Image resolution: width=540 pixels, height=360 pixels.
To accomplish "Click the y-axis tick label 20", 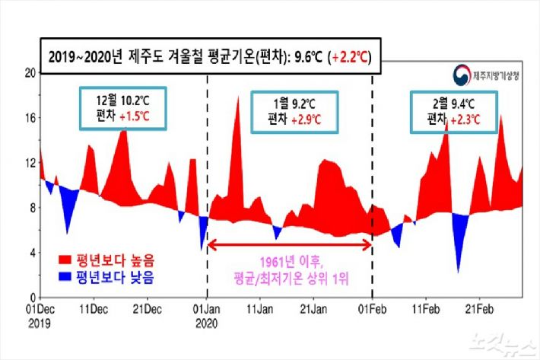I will point(30,73).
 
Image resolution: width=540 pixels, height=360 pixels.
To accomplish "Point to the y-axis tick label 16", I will point(30,118).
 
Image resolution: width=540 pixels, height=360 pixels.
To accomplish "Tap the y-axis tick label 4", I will point(33,252).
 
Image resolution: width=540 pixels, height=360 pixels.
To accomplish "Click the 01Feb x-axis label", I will point(372,309).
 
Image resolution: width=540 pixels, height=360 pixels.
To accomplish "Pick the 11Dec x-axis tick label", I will point(95,309).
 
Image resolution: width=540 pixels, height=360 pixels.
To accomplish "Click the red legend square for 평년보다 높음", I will point(65,260).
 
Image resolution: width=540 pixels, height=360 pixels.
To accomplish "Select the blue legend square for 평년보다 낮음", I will point(65,278).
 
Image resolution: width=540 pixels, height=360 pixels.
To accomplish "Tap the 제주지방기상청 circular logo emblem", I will point(459,75).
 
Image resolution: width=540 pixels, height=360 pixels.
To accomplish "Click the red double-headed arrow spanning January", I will point(290,243).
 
